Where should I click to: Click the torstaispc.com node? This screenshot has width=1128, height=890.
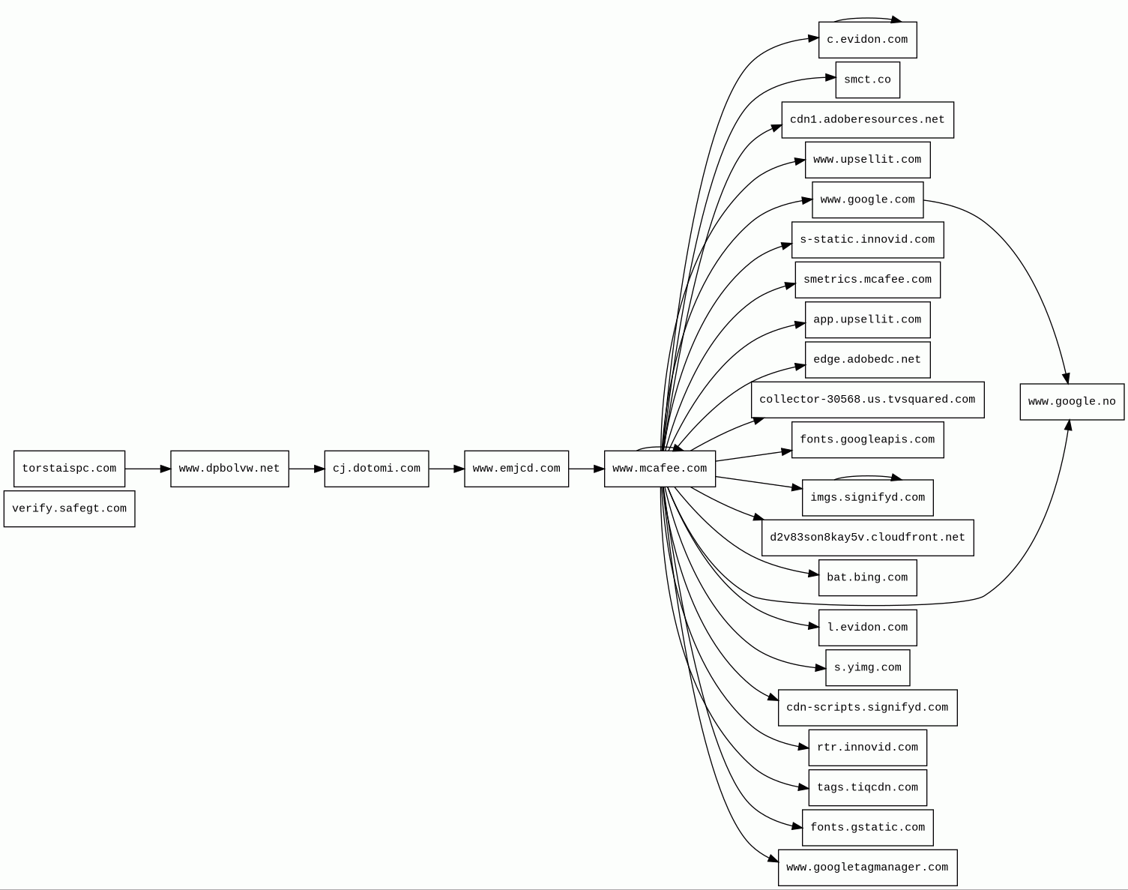(x=69, y=469)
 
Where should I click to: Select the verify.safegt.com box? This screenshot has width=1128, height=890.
(x=69, y=508)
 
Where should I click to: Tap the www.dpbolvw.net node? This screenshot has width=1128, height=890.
(x=229, y=469)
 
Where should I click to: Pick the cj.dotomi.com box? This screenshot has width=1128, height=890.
(x=376, y=469)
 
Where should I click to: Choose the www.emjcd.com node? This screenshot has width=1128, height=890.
(x=516, y=469)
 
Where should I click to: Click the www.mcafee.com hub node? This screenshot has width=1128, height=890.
(x=660, y=469)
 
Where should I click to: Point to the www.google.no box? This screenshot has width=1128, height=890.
(x=1072, y=402)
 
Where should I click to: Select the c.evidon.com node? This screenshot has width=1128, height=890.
(x=867, y=40)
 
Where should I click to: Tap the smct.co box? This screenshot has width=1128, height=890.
(x=867, y=79)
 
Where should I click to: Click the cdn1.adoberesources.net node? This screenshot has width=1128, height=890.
(x=867, y=120)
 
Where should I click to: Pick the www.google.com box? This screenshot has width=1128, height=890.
(x=867, y=200)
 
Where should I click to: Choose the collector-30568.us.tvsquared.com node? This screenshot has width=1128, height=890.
(x=867, y=400)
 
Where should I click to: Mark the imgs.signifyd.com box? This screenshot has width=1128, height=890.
(x=867, y=498)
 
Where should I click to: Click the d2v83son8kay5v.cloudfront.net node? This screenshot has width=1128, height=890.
(x=867, y=538)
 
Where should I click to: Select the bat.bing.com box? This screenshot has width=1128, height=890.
(x=867, y=578)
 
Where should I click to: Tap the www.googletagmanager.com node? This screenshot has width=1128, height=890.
(x=867, y=868)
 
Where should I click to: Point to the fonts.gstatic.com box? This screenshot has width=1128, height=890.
(x=867, y=828)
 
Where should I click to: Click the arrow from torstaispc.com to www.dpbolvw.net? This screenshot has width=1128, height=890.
(x=148, y=469)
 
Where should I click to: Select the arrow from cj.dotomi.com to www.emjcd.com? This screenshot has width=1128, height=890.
(x=447, y=469)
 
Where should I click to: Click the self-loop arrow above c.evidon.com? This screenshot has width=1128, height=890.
(x=867, y=19)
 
